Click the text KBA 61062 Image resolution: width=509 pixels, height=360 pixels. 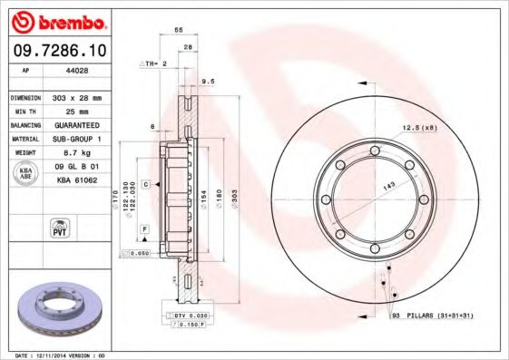(x=78, y=181)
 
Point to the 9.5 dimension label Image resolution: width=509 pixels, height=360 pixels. (x=207, y=81)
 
